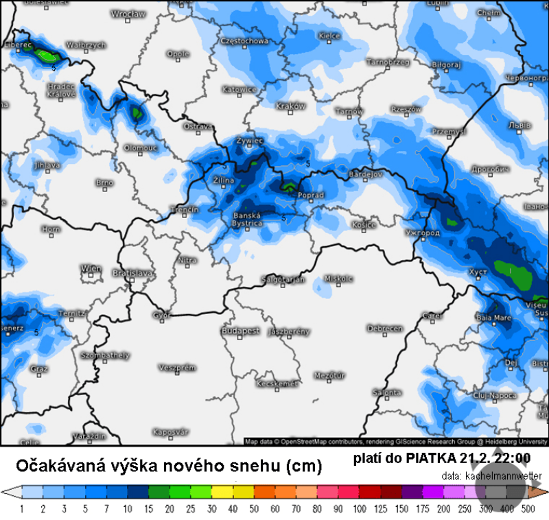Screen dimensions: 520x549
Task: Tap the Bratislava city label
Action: (x=135, y=273)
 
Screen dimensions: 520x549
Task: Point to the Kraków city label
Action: (x=290, y=106)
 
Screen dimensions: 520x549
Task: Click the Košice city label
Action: (x=364, y=224)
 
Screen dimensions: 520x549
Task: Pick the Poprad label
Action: (x=310, y=196)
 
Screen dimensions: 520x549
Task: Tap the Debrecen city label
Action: (x=384, y=329)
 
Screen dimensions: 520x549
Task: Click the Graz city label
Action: (x=38, y=369)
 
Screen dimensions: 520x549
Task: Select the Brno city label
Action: (x=104, y=182)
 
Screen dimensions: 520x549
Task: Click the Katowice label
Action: (x=240, y=90)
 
